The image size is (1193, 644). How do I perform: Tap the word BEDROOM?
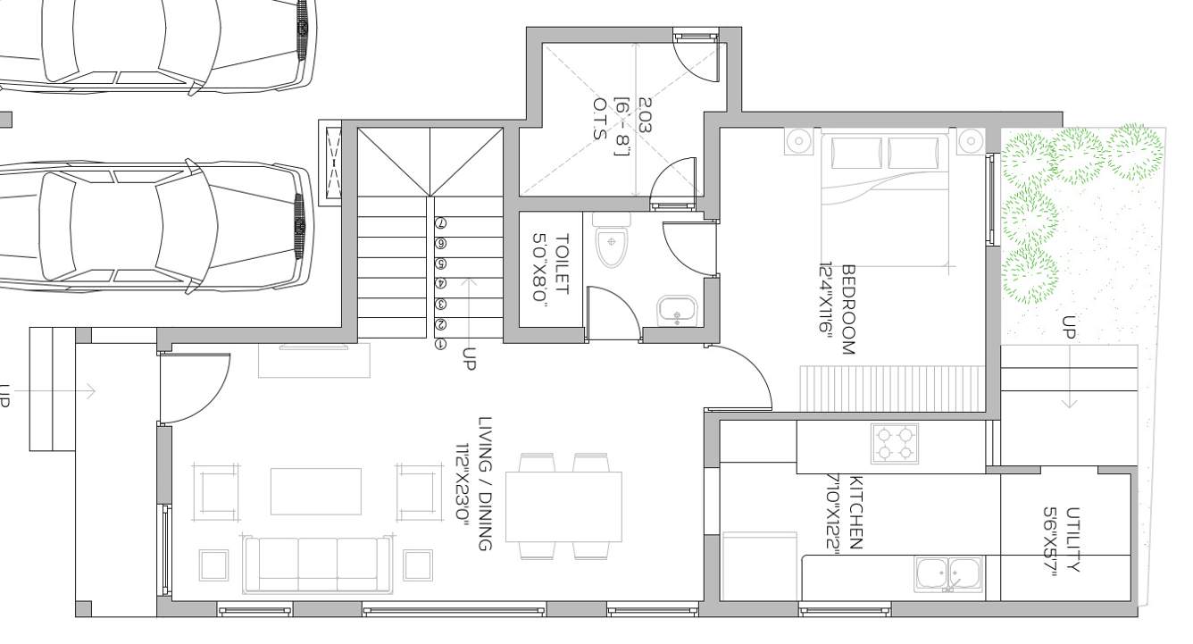tap(847, 309)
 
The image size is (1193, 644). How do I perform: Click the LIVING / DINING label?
tap(485, 483)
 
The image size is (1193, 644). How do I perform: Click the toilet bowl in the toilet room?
tap(613, 244)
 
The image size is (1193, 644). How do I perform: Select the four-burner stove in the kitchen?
tap(895, 442)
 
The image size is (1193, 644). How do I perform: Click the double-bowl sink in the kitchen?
tap(948, 573)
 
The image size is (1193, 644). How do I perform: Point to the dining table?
tap(564, 506)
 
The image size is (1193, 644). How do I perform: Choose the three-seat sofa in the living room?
tap(318, 565)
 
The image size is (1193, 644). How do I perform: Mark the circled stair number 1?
tap(440, 344)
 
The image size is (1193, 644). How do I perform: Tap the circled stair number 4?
tap(440, 283)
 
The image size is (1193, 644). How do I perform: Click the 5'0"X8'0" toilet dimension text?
tap(540, 270)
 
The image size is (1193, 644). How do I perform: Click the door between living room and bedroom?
tap(741, 375)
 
